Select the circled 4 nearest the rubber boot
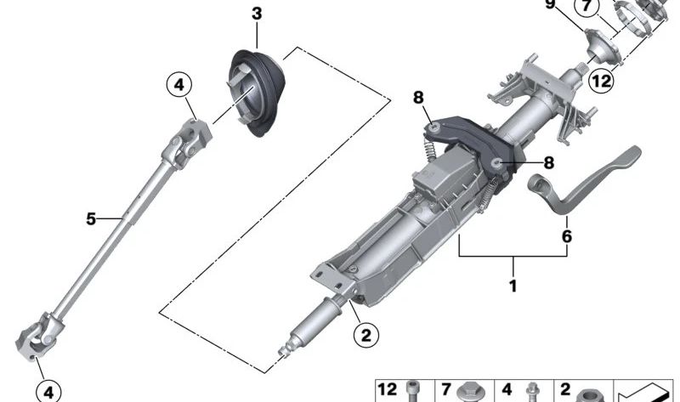click(179, 85)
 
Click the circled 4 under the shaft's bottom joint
click(48, 390)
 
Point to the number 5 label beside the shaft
click(91, 219)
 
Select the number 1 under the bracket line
click(513, 286)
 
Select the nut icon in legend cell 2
click(585, 394)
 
